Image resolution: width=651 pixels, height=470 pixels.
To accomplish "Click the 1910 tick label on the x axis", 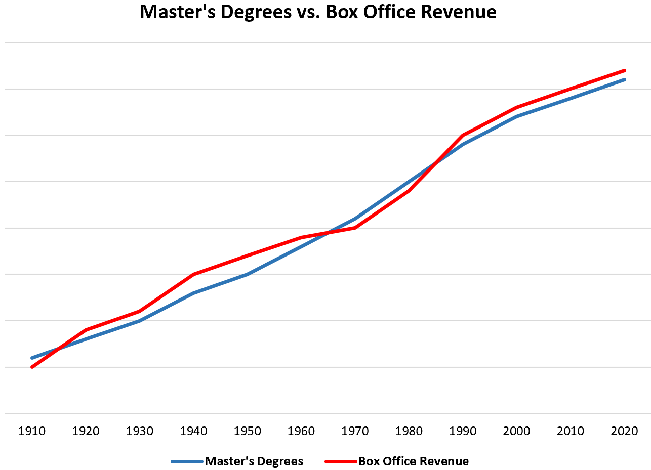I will (32, 431).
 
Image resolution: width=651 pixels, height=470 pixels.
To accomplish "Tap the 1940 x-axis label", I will (193, 431).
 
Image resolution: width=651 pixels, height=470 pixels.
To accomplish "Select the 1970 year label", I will (355, 431).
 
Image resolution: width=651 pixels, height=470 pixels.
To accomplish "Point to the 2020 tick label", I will (625, 431).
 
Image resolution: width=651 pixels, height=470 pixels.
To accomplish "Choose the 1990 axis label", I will (463, 431).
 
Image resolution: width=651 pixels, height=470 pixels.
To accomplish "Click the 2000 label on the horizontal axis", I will (517, 431).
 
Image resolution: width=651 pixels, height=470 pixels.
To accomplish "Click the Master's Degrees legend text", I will (254, 461).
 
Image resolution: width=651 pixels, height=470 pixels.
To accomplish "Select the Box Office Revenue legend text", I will (414, 461).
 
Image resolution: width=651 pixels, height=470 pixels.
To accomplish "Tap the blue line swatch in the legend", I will (187, 461).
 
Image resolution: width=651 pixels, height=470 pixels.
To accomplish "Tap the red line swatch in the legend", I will (341, 461).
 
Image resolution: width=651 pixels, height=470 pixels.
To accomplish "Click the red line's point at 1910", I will (32, 367).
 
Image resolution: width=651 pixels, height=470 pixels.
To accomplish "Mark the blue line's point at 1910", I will (32, 358).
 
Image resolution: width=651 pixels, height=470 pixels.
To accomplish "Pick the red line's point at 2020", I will (625, 70).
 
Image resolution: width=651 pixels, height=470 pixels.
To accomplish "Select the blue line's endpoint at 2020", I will (625, 79).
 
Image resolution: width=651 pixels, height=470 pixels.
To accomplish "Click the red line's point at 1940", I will (193, 274).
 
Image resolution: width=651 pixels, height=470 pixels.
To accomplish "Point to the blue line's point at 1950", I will (248, 274).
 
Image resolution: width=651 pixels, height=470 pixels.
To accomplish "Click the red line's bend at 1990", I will (463, 135).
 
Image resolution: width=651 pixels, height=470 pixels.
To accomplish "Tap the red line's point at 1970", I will (355, 228).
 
